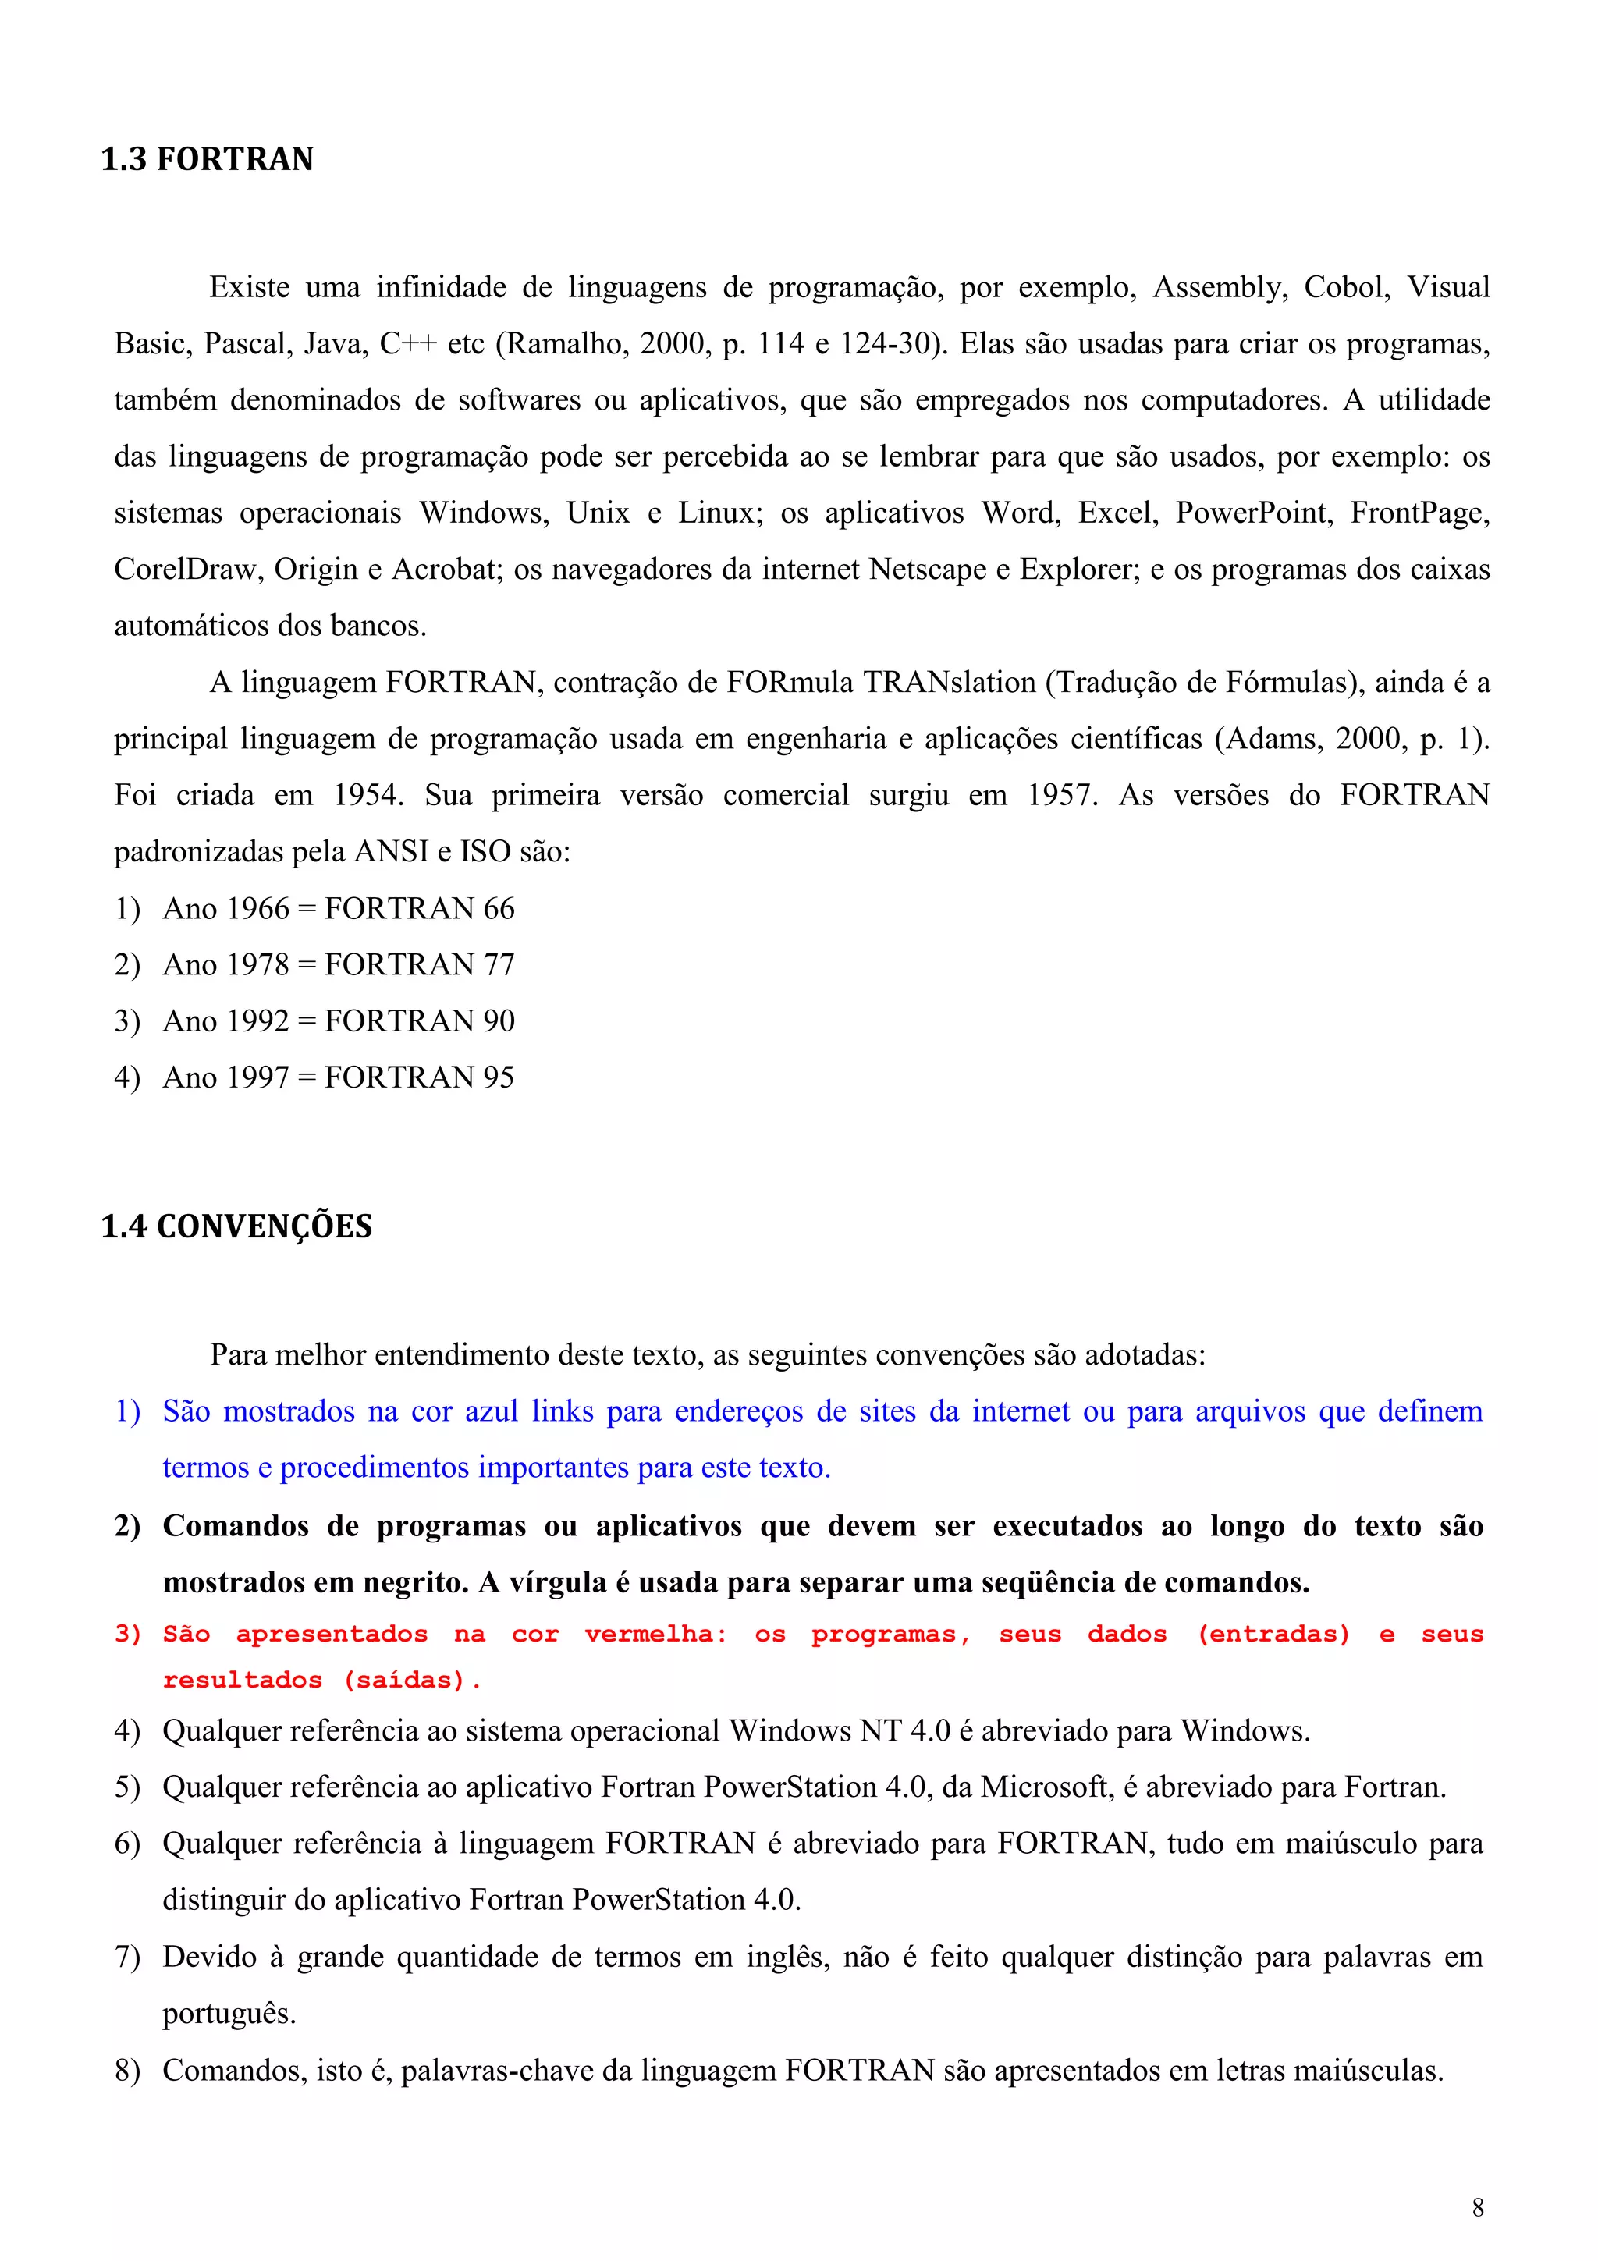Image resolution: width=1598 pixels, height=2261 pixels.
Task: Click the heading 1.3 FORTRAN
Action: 207,158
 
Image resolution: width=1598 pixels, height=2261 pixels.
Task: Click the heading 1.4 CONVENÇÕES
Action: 236,1226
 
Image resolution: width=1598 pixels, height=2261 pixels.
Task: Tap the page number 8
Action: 1477,2208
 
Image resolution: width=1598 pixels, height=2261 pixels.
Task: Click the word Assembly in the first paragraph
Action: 1219,288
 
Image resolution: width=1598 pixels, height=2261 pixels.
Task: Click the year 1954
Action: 368,795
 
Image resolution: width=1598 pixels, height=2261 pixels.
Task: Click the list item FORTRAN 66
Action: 420,908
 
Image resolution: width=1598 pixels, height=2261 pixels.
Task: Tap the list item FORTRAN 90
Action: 420,1020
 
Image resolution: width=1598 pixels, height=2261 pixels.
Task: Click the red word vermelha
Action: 655,1635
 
